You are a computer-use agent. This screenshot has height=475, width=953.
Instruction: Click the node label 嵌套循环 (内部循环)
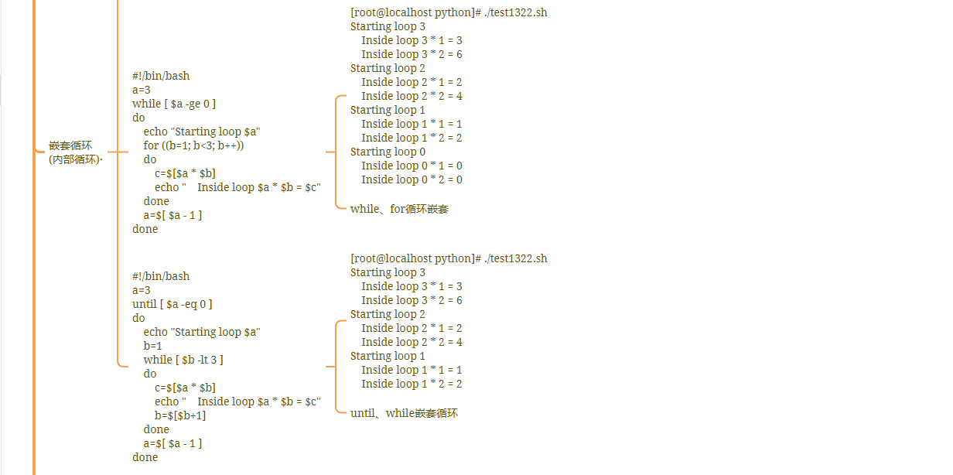[x=75, y=152]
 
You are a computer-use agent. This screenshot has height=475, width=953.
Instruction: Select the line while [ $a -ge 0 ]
[x=174, y=104]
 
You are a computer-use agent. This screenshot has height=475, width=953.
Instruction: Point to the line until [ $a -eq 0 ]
[x=172, y=304]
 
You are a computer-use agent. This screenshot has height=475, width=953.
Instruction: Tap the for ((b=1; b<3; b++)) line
[x=193, y=145]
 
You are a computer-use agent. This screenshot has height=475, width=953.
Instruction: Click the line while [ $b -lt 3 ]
[x=183, y=360]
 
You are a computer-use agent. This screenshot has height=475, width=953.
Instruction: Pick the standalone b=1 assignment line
[x=152, y=346]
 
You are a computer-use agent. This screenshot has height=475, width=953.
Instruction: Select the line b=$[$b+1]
[x=180, y=415]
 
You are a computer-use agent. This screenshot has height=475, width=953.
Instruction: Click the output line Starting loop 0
[x=388, y=152]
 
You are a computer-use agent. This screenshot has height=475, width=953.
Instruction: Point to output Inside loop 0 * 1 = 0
[x=412, y=166]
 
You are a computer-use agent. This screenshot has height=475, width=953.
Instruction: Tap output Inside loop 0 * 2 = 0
[x=412, y=179]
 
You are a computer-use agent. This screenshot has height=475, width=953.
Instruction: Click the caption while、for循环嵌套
[x=399, y=209]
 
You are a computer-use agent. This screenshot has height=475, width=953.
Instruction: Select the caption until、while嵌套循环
[x=404, y=413]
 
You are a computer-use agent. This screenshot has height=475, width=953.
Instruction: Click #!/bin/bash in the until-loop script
[x=161, y=276]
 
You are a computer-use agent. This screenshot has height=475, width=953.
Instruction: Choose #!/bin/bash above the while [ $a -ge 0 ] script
[x=161, y=76]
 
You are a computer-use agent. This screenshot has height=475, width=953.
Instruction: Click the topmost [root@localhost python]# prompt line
[x=449, y=12]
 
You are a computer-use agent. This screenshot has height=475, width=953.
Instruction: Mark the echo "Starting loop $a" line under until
[x=202, y=332]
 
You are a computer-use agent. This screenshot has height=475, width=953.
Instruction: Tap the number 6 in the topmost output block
[x=459, y=54]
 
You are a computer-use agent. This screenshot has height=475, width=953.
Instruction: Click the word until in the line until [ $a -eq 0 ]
[x=144, y=304]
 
